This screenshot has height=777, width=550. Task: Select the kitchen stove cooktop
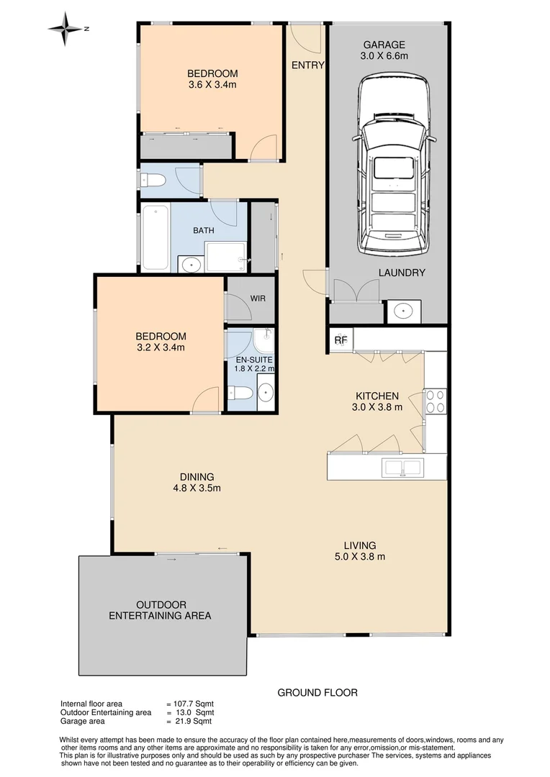click(436, 400)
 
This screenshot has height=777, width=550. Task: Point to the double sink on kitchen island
click(403, 468)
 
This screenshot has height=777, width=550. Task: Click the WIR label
click(258, 297)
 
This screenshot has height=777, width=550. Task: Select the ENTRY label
click(307, 65)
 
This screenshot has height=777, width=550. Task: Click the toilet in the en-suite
click(239, 393)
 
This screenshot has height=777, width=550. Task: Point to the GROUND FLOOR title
click(317, 693)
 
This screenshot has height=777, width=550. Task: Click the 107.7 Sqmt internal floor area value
click(194, 704)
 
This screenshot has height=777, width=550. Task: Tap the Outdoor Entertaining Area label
click(160, 610)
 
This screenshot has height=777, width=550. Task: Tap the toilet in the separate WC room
click(151, 184)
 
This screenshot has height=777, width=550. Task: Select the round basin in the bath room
click(190, 264)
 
